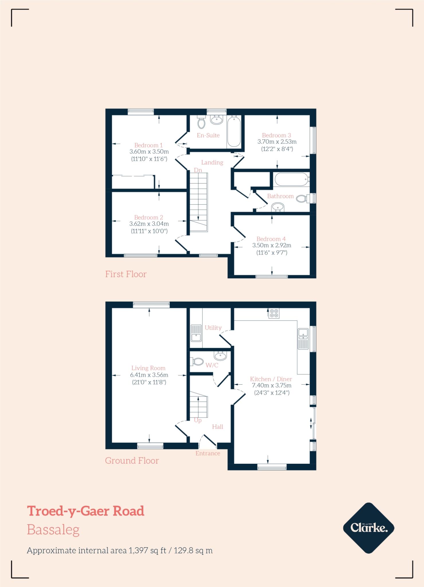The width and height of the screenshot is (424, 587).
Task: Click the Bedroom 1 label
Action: (x=148, y=145)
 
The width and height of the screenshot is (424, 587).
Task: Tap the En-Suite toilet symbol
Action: (x=201, y=123)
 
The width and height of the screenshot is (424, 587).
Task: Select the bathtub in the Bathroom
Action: (x=292, y=180)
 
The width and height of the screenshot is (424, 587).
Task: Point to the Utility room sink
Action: (x=196, y=333)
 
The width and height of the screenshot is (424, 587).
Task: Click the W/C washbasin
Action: (x=220, y=356)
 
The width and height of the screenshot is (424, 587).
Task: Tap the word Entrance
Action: (x=208, y=453)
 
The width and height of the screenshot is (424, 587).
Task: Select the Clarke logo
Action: (x=369, y=528)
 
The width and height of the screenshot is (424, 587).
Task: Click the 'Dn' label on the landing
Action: (x=198, y=170)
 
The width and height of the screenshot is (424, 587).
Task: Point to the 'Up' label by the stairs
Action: (x=198, y=420)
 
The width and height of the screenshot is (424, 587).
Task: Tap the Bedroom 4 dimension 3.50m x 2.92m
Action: (x=271, y=245)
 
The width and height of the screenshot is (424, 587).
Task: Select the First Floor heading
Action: (x=126, y=274)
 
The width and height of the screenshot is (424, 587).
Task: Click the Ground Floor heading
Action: (x=132, y=461)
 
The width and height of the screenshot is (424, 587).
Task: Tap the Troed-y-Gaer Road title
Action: (x=85, y=511)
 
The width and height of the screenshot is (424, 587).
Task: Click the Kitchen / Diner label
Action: (x=271, y=379)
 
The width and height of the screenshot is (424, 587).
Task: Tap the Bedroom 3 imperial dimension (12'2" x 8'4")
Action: (x=277, y=149)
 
